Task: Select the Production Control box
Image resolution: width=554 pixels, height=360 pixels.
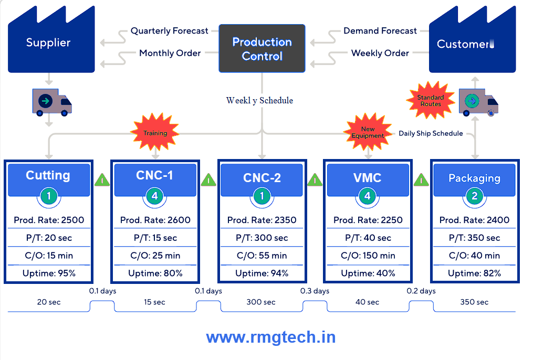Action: [262, 49]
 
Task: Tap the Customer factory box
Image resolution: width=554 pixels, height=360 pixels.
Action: [472, 45]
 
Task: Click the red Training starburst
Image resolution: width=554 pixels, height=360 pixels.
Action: [155, 133]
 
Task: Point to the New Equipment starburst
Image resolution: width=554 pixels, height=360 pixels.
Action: [368, 132]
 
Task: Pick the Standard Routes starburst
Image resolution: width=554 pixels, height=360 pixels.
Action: [431, 100]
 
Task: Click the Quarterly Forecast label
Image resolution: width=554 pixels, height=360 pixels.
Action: [169, 31]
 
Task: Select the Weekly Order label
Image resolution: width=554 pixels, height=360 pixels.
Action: [380, 53]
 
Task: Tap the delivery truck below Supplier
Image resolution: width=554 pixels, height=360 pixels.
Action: [51, 101]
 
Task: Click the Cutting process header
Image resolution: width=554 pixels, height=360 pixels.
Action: [48, 175]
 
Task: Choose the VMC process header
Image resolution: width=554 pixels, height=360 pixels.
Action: [367, 177]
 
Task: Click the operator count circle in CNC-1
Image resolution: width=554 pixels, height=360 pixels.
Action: [155, 197]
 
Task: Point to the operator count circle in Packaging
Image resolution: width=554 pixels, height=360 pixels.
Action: [474, 197]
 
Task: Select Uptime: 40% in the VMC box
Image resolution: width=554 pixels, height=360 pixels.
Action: [367, 273]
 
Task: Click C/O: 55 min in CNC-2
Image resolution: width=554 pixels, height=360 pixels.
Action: [262, 256]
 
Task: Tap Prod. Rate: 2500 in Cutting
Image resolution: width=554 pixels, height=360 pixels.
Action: [49, 220]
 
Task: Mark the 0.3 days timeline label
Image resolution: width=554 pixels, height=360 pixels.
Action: [315, 291]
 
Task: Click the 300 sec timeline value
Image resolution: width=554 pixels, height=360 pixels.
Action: [262, 302]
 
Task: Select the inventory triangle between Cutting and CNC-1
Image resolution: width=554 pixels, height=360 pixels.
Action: [102, 181]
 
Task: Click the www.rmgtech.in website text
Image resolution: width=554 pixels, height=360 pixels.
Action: [270, 337]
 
